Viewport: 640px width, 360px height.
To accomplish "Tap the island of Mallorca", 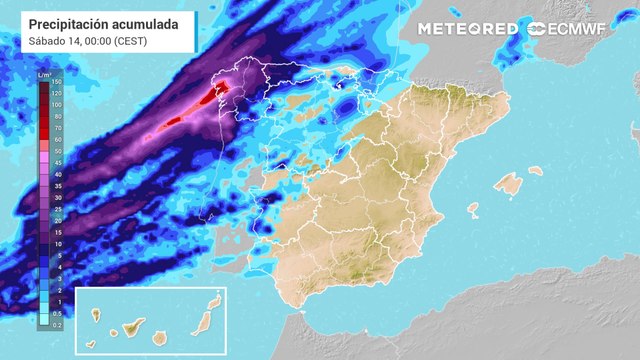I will [509, 184].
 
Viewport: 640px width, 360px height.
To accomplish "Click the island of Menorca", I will [536, 170].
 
